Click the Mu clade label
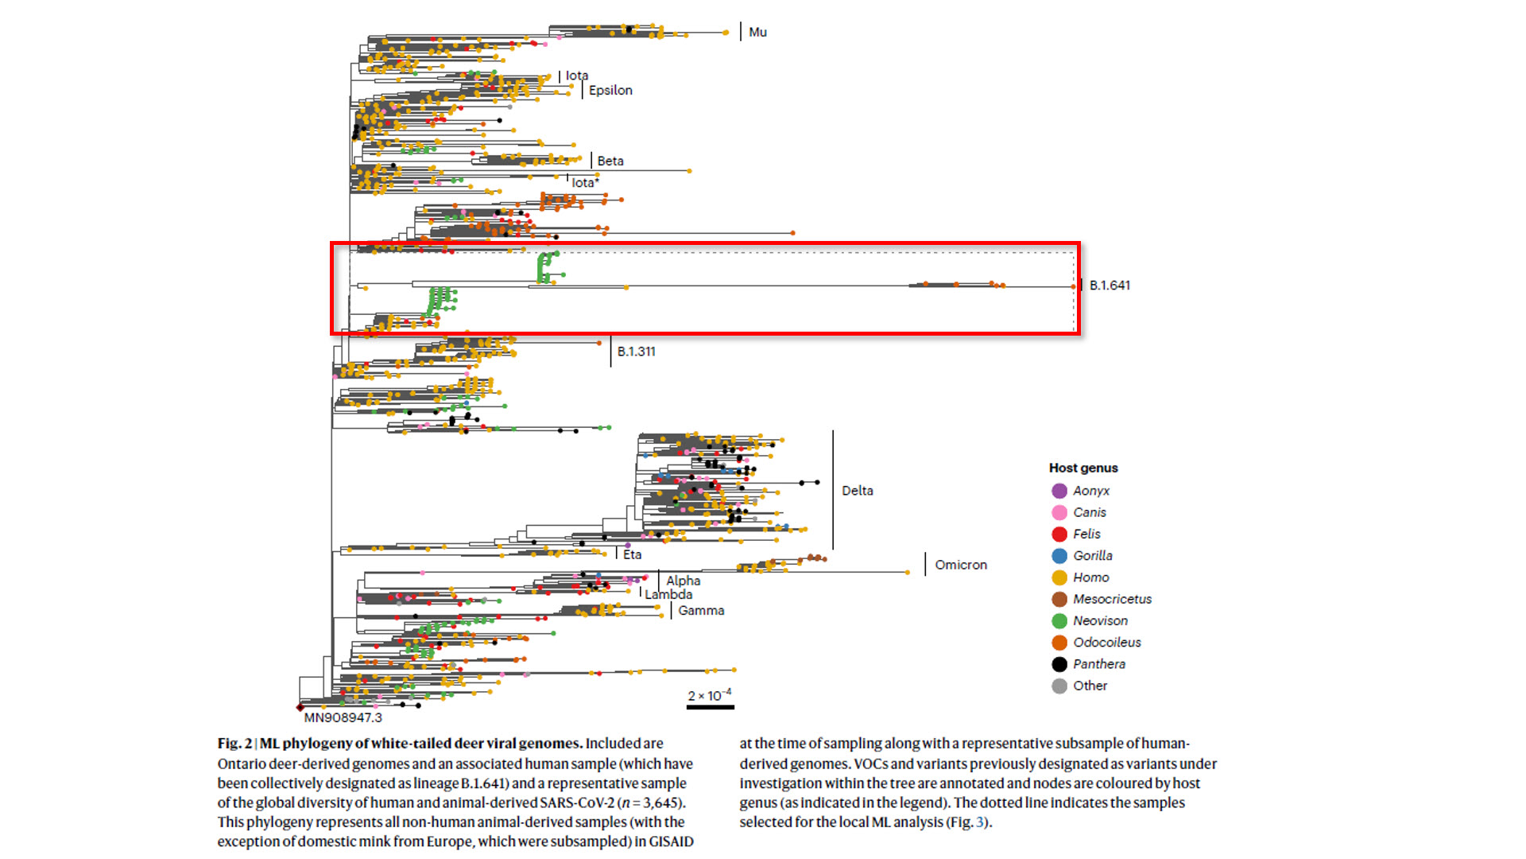pyautogui.click(x=757, y=32)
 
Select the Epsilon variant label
pyautogui.click(x=610, y=90)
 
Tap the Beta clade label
pyautogui.click(x=610, y=161)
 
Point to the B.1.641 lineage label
pyautogui.click(x=1110, y=285)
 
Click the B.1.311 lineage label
pyautogui.click(x=636, y=351)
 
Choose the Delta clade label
pyautogui.click(x=857, y=491)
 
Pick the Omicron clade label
pyautogui.click(x=960, y=565)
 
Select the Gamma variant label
pyautogui.click(x=701, y=611)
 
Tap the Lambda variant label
pyautogui.click(x=668, y=594)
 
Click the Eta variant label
pyautogui.click(x=632, y=554)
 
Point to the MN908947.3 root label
pyautogui.click(x=343, y=717)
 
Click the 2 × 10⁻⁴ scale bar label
pyautogui.click(x=709, y=696)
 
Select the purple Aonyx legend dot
pyautogui.click(x=1059, y=491)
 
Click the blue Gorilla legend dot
pyautogui.click(x=1059, y=556)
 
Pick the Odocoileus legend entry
pyautogui.click(x=1106, y=643)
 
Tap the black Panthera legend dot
pyautogui.click(x=1059, y=664)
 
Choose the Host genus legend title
pyautogui.click(x=1083, y=468)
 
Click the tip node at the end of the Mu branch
pyautogui.click(x=726, y=33)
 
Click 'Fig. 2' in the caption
pyautogui.click(x=234, y=744)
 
